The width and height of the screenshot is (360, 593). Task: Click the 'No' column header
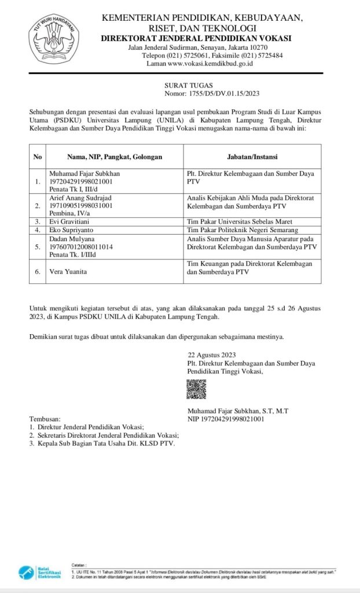38,156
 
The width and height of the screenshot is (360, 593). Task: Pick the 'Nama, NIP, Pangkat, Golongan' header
106,156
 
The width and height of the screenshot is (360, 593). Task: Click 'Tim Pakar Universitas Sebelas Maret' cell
240,221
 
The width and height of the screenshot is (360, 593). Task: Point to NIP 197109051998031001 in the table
82,205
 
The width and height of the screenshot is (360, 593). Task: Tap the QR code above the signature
196,389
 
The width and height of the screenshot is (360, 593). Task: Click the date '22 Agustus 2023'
211,355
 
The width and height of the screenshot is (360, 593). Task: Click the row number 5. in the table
38,246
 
